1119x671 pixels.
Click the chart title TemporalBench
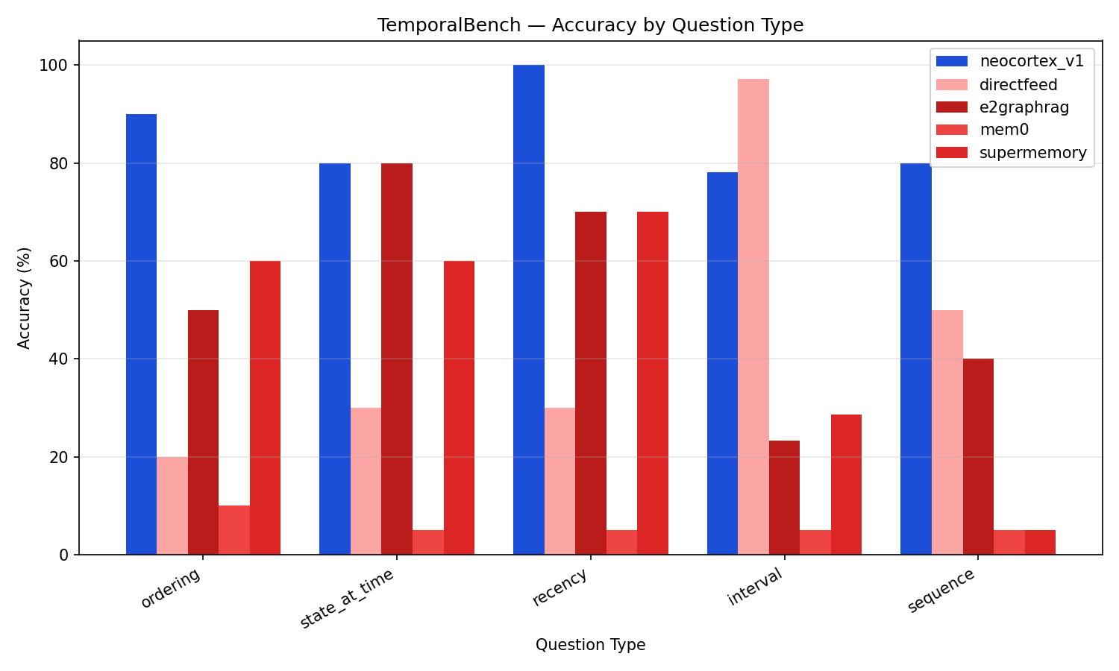(590, 25)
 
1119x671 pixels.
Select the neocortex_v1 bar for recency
(529, 309)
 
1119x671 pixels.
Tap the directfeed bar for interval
(753, 317)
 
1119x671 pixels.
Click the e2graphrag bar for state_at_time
(397, 359)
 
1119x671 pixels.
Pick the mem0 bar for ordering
(234, 530)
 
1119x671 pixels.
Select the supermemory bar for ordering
(265, 408)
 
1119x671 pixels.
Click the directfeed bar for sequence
(947, 432)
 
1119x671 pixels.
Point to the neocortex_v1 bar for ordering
(141, 334)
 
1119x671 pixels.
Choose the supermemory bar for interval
(846, 485)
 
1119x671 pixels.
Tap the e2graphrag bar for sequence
(978, 456)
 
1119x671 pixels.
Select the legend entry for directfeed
(1018, 84)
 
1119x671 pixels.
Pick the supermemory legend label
(1033, 153)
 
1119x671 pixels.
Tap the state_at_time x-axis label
(347, 599)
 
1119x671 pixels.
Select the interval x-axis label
(755, 587)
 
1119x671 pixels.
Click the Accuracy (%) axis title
(25, 297)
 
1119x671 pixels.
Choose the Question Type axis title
(590, 645)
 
